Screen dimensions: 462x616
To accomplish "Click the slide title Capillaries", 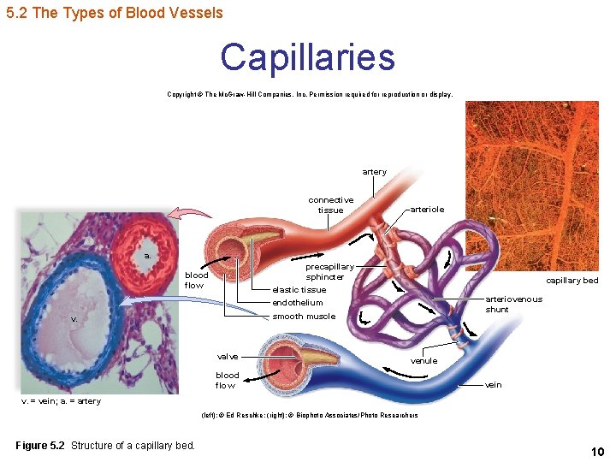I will pyautogui.click(x=307, y=58).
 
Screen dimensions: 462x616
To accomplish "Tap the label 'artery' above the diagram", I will pyautogui.click(x=374, y=172).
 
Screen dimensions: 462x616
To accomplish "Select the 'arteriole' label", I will pyautogui.click(x=427, y=209).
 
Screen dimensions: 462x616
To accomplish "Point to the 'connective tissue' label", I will pyautogui.click(x=331, y=204).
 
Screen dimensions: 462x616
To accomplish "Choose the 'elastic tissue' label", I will pyautogui.click(x=299, y=289).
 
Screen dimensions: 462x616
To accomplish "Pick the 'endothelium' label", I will pyautogui.click(x=297, y=302).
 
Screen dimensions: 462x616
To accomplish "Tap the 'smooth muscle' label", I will pyautogui.click(x=304, y=317).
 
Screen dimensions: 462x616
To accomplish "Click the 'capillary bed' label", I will pyautogui.click(x=572, y=281).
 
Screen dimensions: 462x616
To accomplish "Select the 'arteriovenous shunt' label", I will pyautogui.click(x=513, y=304).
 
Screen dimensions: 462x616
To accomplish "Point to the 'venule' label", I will pyautogui.click(x=424, y=361).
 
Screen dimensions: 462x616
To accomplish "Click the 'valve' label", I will pyautogui.click(x=228, y=356).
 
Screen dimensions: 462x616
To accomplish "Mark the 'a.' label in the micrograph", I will pyautogui.click(x=148, y=256).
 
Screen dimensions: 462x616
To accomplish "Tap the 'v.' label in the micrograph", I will pyautogui.click(x=74, y=318).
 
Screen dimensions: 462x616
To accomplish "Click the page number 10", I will pyautogui.click(x=597, y=451).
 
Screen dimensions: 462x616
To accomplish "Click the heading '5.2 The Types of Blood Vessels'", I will pyautogui.click(x=114, y=13).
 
